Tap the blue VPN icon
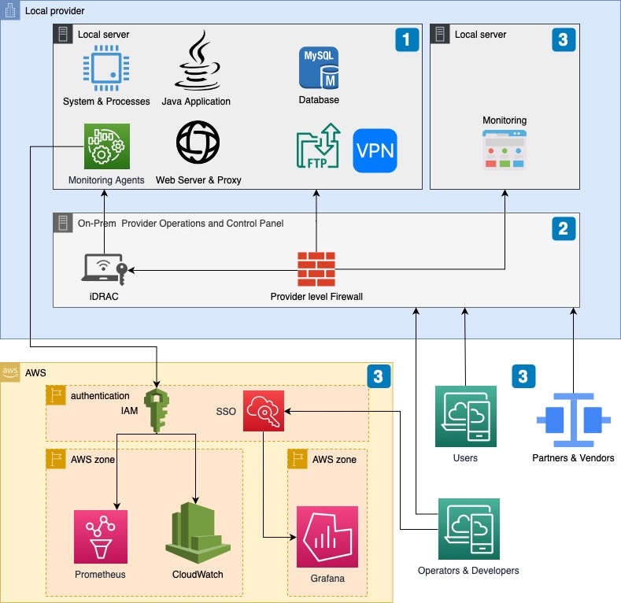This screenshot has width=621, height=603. pyautogui.click(x=375, y=150)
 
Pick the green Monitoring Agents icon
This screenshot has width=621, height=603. pyautogui.click(x=107, y=146)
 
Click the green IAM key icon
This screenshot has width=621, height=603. pyautogui.click(x=157, y=408)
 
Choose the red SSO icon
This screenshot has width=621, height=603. pyautogui.click(x=264, y=410)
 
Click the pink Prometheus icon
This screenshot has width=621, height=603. pyautogui.click(x=101, y=536)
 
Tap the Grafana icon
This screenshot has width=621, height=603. pyautogui.click(x=327, y=537)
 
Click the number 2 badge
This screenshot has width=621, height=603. pyautogui.click(x=562, y=228)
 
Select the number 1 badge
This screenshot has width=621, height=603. pyautogui.click(x=406, y=40)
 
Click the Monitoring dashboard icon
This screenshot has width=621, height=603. pyautogui.click(x=505, y=150)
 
